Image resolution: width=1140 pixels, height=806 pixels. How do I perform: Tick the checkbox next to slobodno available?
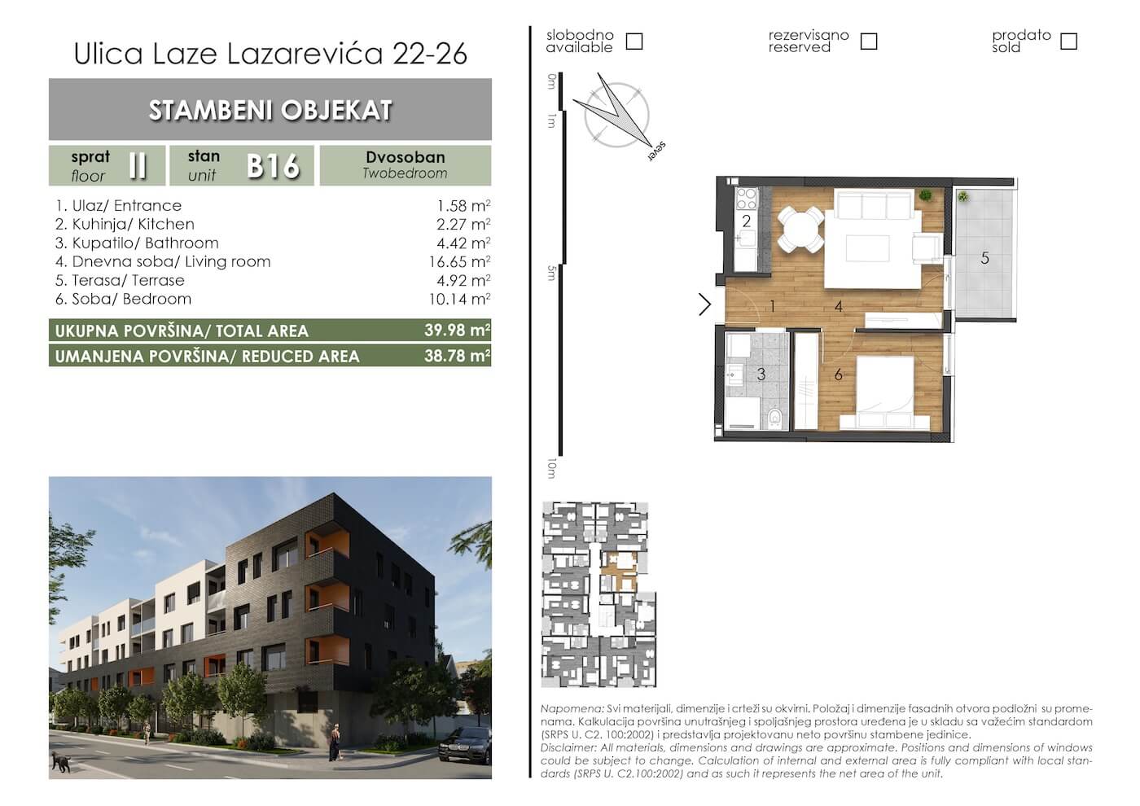(634, 42)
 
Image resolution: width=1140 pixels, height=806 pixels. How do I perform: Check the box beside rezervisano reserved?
(869, 42)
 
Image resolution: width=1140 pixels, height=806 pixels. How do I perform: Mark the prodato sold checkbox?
(1068, 42)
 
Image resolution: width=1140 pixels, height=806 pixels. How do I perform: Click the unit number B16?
(274, 166)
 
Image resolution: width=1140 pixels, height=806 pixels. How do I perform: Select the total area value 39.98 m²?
(458, 331)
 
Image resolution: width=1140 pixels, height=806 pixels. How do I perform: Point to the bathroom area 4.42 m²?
(463, 243)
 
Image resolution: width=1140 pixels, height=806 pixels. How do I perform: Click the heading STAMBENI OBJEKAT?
(270, 110)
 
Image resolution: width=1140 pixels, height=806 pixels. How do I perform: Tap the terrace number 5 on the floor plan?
(984, 258)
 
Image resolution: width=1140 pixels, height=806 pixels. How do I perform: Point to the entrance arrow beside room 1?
(705, 304)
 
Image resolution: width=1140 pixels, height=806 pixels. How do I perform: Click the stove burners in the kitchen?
(747, 199)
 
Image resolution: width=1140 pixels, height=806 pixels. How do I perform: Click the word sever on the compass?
(657, 151)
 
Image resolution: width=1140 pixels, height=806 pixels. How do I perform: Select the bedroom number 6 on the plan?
(838, 375)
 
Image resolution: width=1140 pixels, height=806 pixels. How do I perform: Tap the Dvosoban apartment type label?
(406, 157)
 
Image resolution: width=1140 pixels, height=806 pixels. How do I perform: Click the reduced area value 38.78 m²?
(458, 356)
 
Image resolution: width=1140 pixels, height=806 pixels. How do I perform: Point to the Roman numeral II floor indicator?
(138, 165)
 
